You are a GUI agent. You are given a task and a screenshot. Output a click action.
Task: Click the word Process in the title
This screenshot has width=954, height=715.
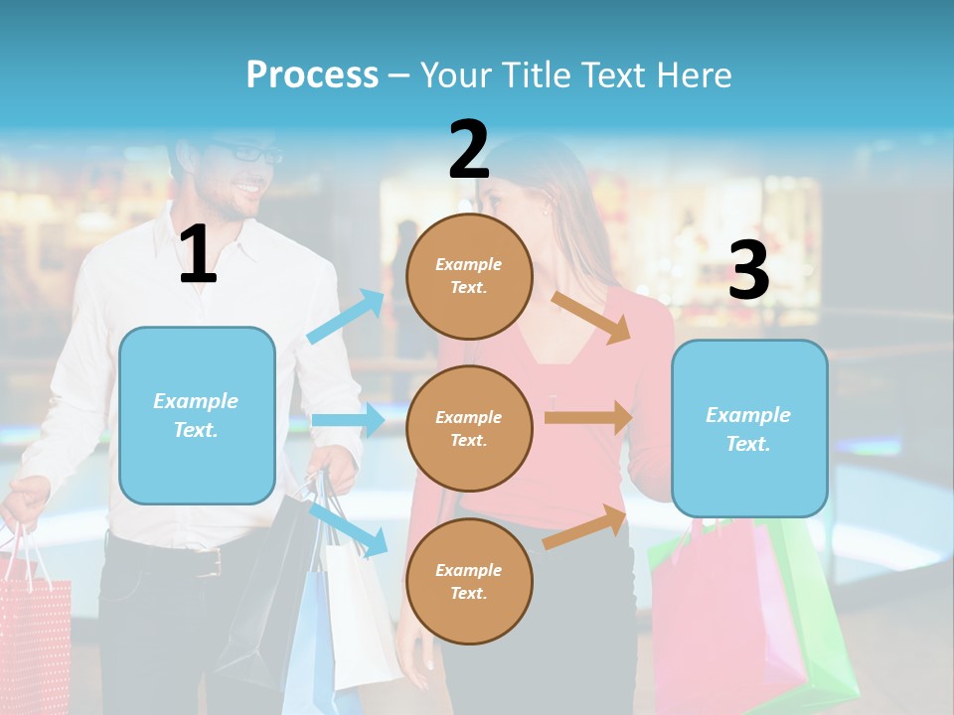[312, 75]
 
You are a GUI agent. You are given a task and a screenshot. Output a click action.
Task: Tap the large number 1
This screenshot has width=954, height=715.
[198, 255]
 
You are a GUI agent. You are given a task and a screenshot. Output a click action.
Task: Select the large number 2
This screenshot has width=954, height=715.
[468, 150]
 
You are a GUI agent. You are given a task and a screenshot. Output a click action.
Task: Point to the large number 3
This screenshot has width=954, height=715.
[748, 272]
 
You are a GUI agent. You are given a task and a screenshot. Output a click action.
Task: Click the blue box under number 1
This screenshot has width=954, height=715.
[197, 415]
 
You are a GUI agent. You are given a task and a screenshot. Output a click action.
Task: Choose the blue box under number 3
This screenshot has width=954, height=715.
[749, 429]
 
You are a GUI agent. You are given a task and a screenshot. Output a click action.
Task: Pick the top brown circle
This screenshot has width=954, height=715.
[469, 276]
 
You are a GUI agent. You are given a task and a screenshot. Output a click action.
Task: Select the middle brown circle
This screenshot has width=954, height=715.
[469, 428]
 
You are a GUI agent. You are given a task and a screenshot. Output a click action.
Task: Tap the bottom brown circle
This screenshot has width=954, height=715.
[469, 581]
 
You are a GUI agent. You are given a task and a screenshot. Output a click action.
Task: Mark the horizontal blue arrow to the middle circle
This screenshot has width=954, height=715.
[348, 420]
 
